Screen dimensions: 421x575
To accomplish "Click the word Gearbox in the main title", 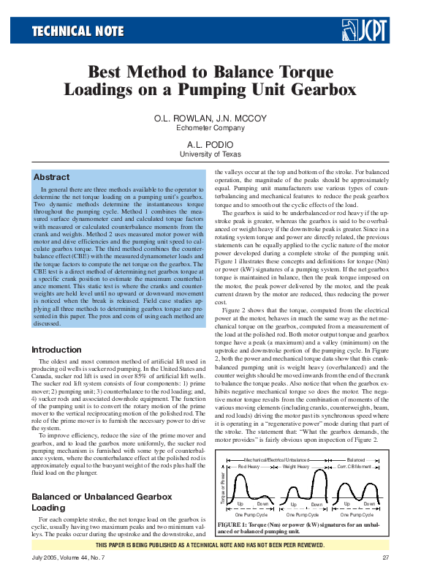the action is pyautogui.click(x=322, y=90).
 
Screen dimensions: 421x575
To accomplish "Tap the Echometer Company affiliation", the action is pyautogui.click(x=210, y=127).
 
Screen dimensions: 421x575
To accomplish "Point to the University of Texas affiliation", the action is pyautogui.click(x=210, y=154).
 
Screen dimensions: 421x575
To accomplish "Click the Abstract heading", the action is pyautogui.click(x=51, y=178).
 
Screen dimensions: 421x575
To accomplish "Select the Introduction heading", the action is pyautogui.click(x=56, y=350).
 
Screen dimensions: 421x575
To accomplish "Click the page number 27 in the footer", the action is pyautogui.click(x=385, y=558).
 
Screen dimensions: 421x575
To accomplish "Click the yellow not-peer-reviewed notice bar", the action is pyautogui.click(x=210, y=544).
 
